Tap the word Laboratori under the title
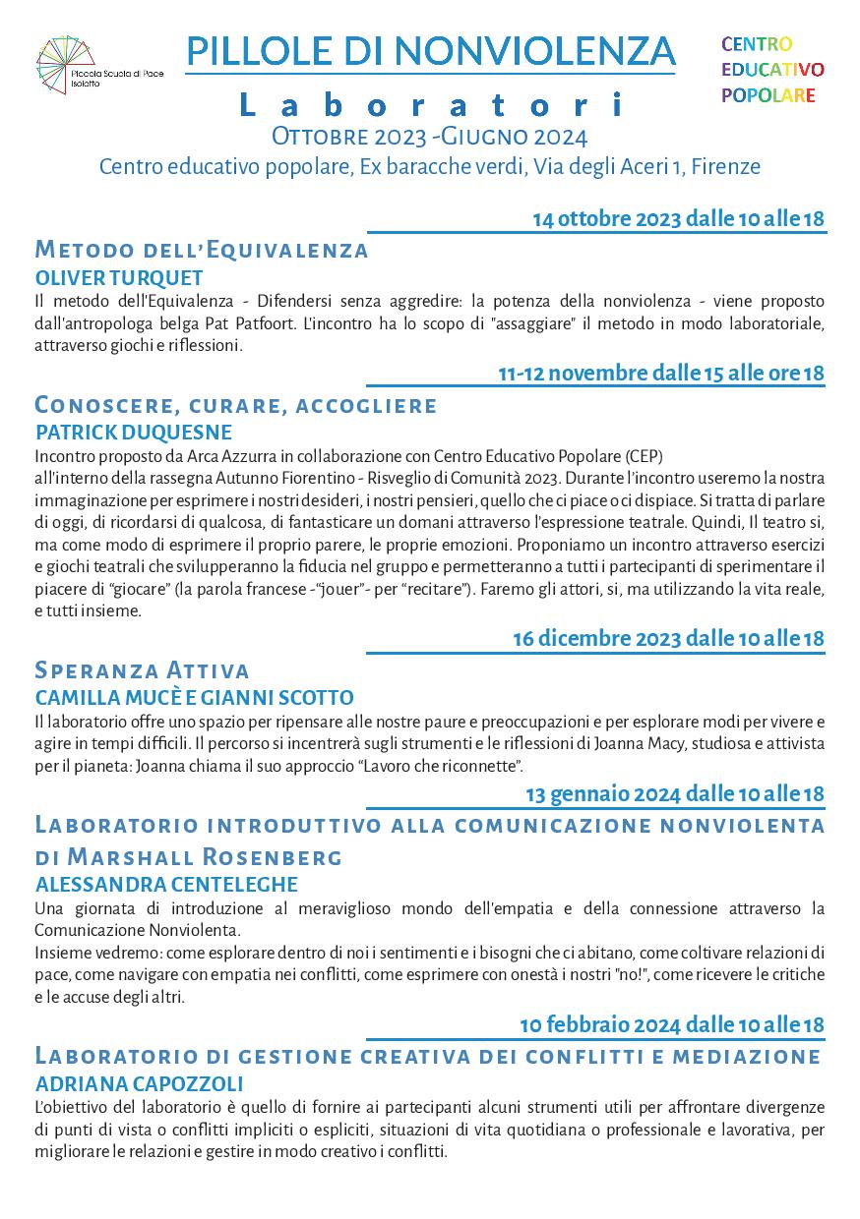430,104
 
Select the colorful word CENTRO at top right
757,44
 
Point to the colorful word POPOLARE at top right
768,95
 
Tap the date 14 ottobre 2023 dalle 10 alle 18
678,218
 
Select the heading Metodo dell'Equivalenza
202,250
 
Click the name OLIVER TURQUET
119,277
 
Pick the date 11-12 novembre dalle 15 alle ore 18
660,373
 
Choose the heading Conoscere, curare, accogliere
236,405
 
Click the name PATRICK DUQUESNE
134,433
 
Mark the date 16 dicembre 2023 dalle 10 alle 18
668,638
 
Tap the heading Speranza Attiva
142,670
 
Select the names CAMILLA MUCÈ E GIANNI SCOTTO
194,698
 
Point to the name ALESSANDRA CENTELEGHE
166,884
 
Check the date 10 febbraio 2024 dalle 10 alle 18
672,1024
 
